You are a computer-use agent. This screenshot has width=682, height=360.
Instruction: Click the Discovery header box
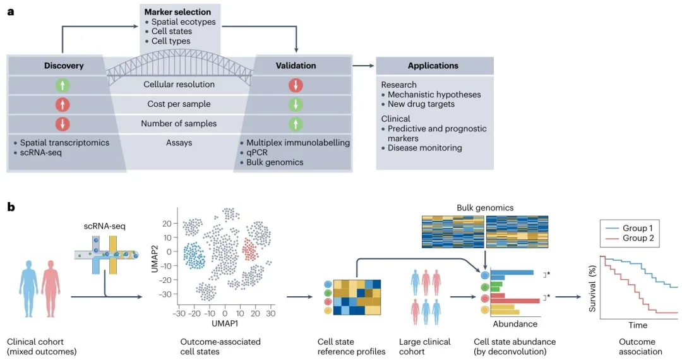[x=64, y=66]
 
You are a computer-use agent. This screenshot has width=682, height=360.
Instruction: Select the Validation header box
[x=296, y=66]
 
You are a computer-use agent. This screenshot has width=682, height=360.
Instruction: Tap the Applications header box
[x=433, y=66]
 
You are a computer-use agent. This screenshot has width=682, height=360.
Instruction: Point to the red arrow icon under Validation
[x=296, y=85]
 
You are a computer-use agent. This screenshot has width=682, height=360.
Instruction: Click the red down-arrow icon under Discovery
[x=64, y=123]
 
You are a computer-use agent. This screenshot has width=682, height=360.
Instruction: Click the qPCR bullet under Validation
[x=260, y=152]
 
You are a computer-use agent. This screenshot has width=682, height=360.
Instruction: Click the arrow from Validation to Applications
[x=362, y=66]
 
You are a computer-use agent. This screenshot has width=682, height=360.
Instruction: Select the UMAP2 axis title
[x=154, y=251]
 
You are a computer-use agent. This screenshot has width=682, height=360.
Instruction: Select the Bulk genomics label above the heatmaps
[x=484, y=207]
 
